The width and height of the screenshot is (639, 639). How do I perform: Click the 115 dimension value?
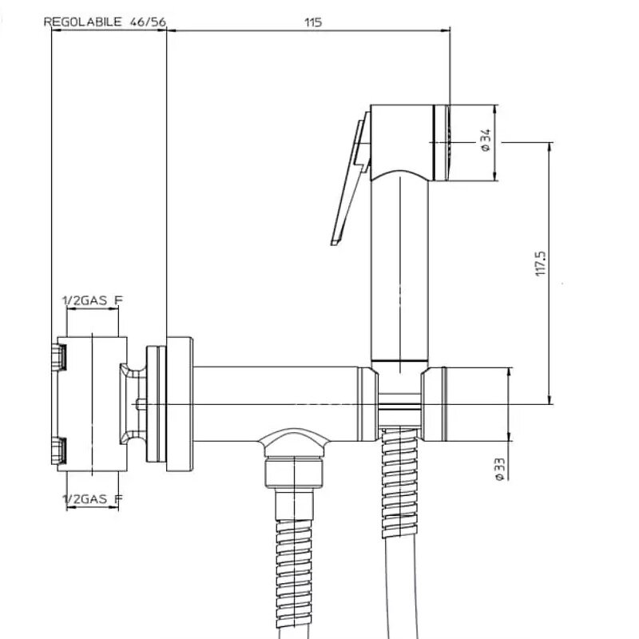point(313,22)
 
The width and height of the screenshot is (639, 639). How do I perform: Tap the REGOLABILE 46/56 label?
point(105,22)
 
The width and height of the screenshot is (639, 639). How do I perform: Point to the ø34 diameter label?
point(486,141)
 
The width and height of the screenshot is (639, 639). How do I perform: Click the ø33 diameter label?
point(500,470)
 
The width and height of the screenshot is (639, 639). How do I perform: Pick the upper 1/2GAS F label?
point(92,301)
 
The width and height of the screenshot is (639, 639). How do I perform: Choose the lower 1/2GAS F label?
point(92,498)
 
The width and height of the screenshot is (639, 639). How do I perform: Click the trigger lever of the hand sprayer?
point(351,178)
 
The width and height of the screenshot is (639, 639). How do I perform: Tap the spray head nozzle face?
point(441,143)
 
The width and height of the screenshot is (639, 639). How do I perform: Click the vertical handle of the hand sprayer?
point(400,269)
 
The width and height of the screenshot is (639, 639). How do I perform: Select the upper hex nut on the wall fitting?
point(58,357)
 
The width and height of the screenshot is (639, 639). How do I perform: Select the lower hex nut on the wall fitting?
point(58,450)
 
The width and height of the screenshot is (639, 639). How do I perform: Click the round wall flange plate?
point(180,404)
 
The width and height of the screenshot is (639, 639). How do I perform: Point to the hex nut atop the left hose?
point(294,472)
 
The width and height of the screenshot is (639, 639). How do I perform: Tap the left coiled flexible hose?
point(294,578)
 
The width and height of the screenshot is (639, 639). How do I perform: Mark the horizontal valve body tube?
point(275,404)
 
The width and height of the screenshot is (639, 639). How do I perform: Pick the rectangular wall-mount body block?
point(92,404)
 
